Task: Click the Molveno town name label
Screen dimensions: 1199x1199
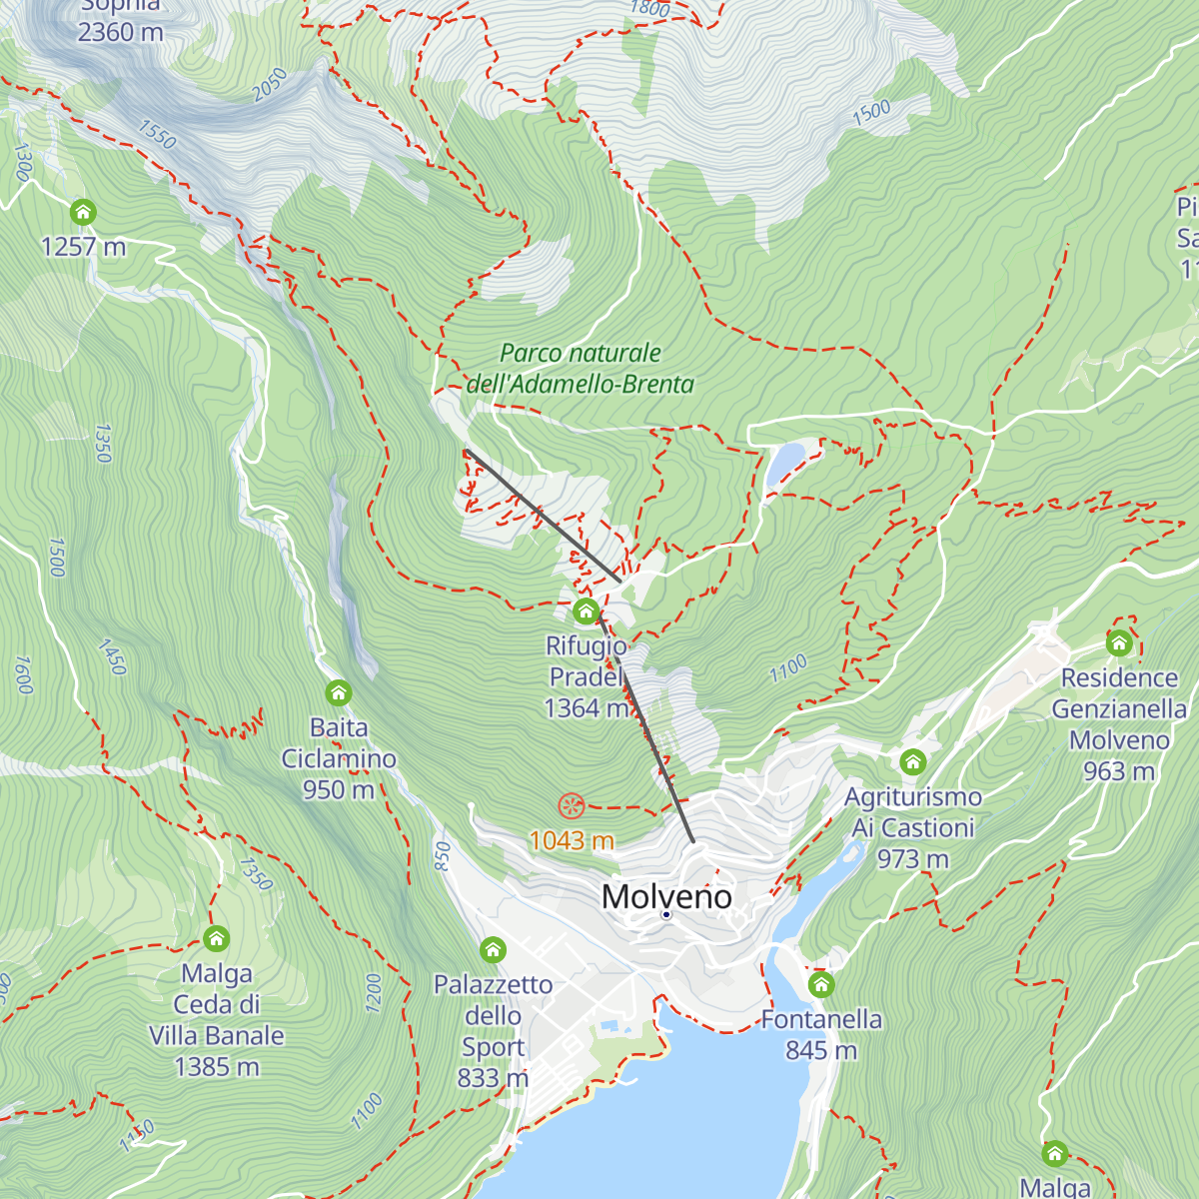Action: (x=666, y=896)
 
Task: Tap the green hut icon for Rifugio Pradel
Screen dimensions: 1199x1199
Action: (x=587, y=611)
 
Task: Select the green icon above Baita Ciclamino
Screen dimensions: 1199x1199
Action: (x=339, y=692)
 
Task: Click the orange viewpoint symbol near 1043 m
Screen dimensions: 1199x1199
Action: (x=570, y=805)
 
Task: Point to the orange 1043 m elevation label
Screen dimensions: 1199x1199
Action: (x=572, y=840)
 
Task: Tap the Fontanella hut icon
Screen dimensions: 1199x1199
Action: (x=821, y=985)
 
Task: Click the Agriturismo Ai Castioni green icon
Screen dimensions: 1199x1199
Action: (x=912, y=762)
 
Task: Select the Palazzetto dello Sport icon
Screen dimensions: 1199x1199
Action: (x=493, y=949)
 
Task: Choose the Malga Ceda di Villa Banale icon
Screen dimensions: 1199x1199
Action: (x=216, y=938)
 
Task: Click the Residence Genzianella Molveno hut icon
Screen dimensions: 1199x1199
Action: (x=1119, y=642)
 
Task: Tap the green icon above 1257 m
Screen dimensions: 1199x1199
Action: (x=83, y=212)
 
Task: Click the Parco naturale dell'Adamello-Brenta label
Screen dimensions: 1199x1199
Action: (x=581, y=369)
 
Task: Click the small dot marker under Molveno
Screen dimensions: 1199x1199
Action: (x=666, y=914)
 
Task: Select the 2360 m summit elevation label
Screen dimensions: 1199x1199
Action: (x=120, y=32)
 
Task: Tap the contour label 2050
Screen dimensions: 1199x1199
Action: (x=270, y=85)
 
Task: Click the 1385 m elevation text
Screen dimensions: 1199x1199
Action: (x=217, y=1067)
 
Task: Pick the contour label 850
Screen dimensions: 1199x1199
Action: (x=443, y=855)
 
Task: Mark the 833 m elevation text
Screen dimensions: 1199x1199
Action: (x=493, y=1078)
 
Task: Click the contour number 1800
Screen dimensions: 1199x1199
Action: (x=649, y=9)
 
